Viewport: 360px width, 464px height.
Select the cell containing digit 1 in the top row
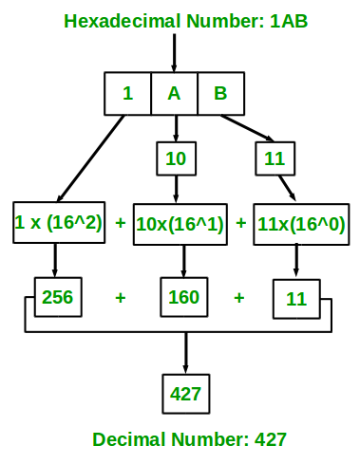click(127, 93)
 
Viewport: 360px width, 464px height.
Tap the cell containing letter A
click(174, 93)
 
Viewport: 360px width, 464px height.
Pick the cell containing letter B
click(220, 93)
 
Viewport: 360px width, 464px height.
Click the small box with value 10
click(175, 158)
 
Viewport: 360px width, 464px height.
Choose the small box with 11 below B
click(275, 158)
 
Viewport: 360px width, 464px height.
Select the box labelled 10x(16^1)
click(180, 224)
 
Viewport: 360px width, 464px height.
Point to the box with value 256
click(56, 298)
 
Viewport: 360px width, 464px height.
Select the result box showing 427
click(184, 393)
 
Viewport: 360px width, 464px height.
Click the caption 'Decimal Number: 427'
click(189, 439)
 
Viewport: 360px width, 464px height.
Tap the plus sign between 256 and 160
click(121, 298)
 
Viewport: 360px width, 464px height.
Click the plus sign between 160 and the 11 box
click(239, 298)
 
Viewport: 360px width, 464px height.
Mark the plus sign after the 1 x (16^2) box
click(121, 224)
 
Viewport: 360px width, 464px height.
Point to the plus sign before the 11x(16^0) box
click(241, 224)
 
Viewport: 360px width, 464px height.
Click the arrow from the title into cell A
click(174, 52)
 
